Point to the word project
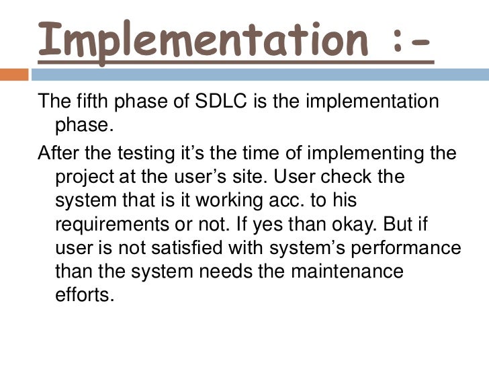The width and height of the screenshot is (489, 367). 78,177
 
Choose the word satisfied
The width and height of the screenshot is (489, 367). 171,248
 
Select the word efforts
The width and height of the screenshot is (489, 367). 79,294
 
